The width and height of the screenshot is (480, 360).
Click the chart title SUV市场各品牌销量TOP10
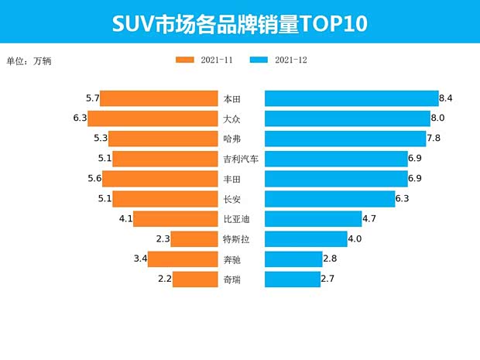239,22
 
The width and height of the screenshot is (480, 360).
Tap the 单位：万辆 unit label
33,60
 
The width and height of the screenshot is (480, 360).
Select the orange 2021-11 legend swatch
187,60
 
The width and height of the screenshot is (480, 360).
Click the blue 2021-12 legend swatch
259,60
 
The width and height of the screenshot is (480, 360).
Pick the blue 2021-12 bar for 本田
351,98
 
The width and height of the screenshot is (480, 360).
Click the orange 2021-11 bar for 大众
152,118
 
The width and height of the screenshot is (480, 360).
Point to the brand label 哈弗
231,139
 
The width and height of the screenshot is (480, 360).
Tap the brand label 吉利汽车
240,159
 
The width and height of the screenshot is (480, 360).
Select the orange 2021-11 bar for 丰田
159,179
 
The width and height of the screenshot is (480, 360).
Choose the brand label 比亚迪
236,219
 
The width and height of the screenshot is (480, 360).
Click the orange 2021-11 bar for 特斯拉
194,239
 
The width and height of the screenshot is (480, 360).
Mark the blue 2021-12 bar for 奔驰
293,259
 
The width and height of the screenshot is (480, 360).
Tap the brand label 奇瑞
231,279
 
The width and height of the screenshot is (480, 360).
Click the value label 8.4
445,98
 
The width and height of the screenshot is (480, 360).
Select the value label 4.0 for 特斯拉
355,239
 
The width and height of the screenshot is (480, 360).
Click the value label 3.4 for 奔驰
140,259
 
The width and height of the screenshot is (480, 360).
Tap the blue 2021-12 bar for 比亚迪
313,219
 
